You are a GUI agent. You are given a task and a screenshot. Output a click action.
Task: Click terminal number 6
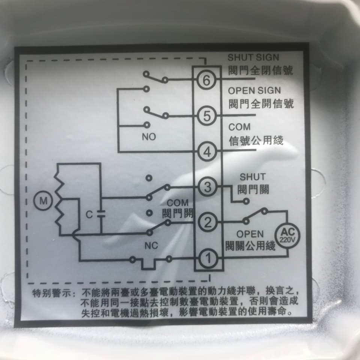(x=206, y=80)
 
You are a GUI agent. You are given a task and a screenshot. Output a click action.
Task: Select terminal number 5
(x=207, y=116)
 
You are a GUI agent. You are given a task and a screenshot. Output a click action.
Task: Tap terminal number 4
(x=207, y=151)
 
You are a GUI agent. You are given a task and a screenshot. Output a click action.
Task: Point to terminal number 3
(x=207, y=187)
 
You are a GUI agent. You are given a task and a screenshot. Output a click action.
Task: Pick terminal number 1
(x=208, y=258)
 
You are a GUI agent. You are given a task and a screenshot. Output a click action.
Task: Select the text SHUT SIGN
(x=253, y=57)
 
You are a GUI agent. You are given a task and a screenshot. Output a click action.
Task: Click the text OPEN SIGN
(x=254, y=91)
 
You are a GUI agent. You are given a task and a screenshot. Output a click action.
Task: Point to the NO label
(x=149, y=137)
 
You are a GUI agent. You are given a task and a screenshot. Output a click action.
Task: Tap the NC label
(x=151, y=246)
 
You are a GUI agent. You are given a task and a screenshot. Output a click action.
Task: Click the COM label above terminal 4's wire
(x=239, y=127)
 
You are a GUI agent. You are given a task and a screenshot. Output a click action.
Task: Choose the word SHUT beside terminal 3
(x=253, y=177)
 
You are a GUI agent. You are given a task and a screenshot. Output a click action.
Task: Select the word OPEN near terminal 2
(x=250, y=234)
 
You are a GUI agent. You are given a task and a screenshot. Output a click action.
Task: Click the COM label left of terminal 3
(x=177, y=203)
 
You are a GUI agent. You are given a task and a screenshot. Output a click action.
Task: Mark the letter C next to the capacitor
(x=89, y=214)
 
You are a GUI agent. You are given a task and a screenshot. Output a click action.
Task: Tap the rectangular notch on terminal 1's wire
(x=148, y=264)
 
